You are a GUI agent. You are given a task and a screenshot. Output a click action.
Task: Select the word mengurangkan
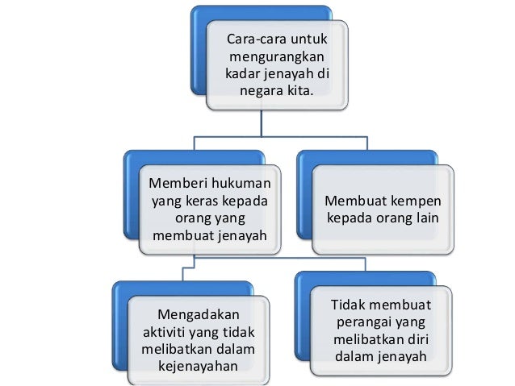pyautogui.click(x=277, y=57)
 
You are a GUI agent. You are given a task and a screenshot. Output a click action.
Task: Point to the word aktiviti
pyautogui.click(x=167, y=331)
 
